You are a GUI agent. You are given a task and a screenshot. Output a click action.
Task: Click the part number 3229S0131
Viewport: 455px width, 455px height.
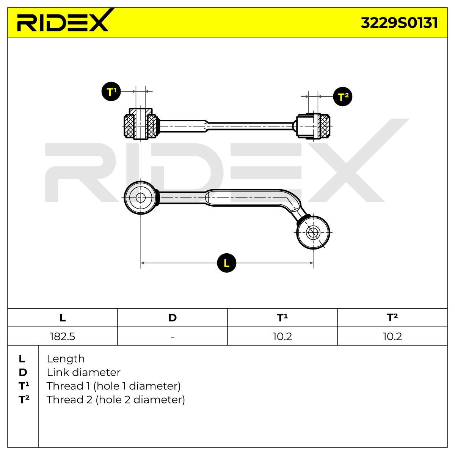click(399, 23)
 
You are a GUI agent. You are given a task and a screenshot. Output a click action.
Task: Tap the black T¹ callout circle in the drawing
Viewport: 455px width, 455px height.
click(111, 92)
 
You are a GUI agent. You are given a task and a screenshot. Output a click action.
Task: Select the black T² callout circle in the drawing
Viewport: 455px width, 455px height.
click(343, 97)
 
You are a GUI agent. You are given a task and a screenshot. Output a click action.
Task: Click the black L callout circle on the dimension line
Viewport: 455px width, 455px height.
click(227, 263)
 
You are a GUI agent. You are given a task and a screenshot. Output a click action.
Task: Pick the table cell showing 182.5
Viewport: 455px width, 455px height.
click(63, 336)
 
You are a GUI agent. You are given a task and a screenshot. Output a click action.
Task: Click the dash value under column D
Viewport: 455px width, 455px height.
click(173, 337)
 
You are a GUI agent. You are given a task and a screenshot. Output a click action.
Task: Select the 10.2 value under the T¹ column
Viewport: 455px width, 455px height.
click(282, 336)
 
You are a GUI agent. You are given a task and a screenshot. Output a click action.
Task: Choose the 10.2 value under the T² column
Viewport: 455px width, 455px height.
click(392, 336)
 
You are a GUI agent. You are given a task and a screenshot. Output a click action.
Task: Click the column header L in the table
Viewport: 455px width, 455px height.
click(63, 318)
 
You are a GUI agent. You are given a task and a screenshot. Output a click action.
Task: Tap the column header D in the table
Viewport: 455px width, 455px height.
click(173, 318)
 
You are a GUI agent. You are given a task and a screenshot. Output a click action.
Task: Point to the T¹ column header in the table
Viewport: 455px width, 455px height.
click(282, 318)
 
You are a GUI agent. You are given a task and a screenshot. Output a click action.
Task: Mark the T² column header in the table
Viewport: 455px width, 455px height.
click(392, 318)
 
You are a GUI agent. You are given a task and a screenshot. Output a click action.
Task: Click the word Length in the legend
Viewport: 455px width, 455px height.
click(66, 359)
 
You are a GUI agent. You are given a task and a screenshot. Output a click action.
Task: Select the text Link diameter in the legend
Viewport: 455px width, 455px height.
click(83, 372)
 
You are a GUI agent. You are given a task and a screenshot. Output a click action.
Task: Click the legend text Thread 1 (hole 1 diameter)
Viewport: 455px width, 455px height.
click(114, 386)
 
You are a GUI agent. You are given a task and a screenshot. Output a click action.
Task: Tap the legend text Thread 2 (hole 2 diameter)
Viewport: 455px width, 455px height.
click(116, 400)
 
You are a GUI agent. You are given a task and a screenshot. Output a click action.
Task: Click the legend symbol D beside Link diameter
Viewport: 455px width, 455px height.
click(23, 373)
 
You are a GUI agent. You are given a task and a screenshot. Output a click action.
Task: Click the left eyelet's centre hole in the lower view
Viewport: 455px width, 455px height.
click(141, 198)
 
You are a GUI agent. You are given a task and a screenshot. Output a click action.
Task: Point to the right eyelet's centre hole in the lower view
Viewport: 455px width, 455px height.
click(313, 232)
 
